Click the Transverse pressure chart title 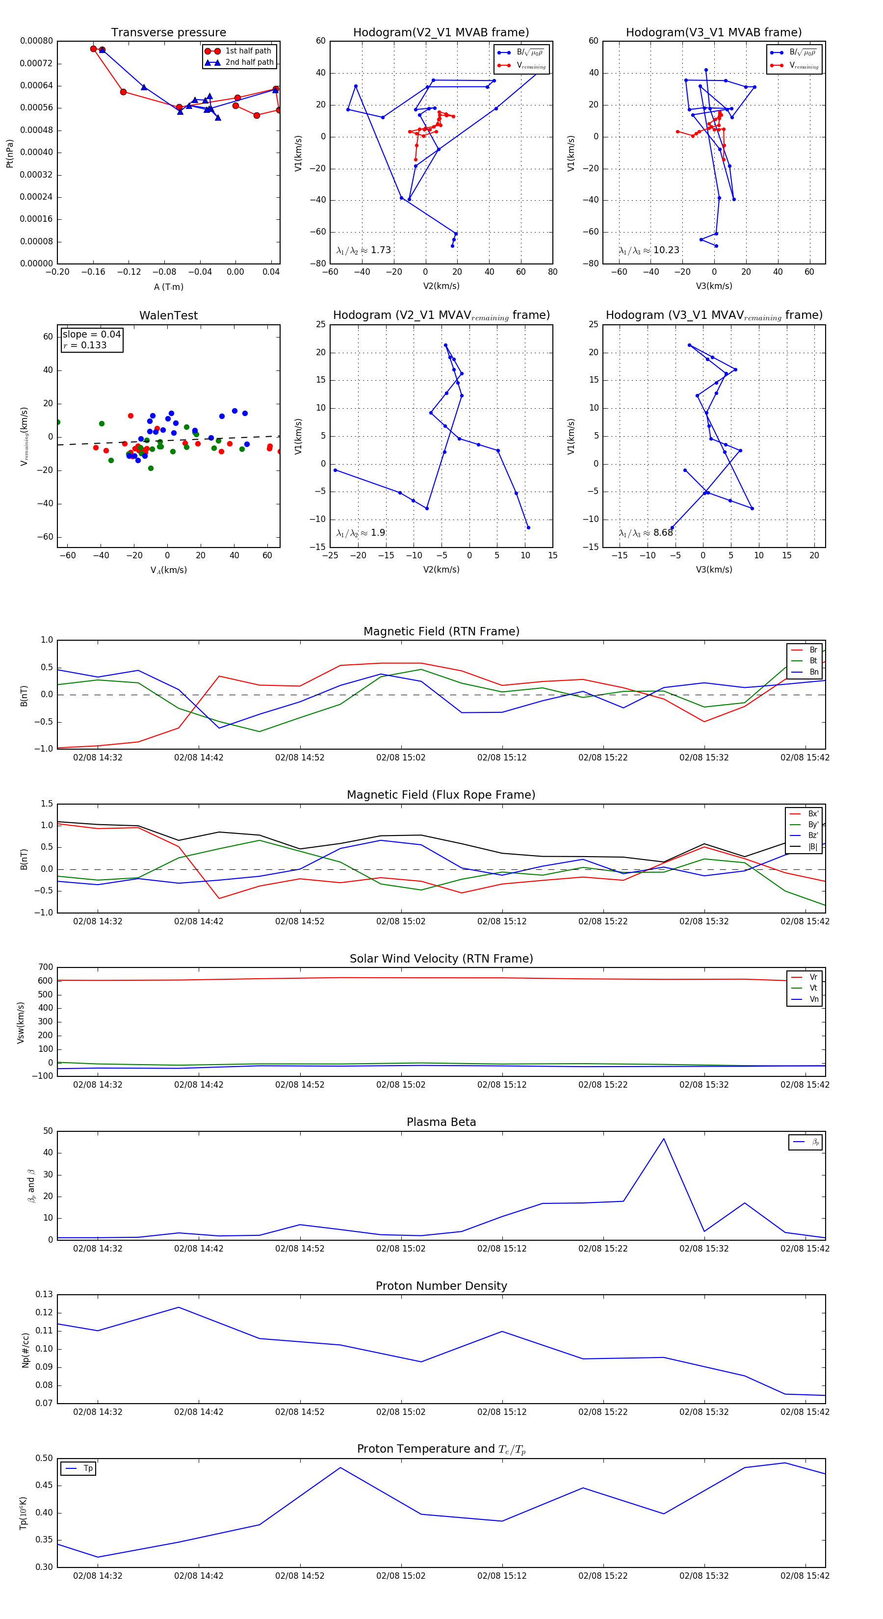click(x=168, y=33)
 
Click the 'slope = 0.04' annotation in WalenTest click(x=91, y=335)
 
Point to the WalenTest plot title click(x=168, y=315)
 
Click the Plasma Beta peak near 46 click(x=664, y=1139)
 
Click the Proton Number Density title click(x=441, y=1286)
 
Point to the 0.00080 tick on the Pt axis click(x=36, y=41)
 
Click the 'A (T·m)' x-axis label click(x=168, y=287)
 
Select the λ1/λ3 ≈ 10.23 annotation click(x=649, y=250)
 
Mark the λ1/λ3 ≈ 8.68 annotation click(x=646, y=533)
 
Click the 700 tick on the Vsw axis click(x=45, y=967)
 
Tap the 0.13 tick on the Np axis click(x=44, y=1294)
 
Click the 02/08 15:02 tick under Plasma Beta click(x=400, y=1248)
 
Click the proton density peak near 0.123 click(x=179, y=1307)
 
